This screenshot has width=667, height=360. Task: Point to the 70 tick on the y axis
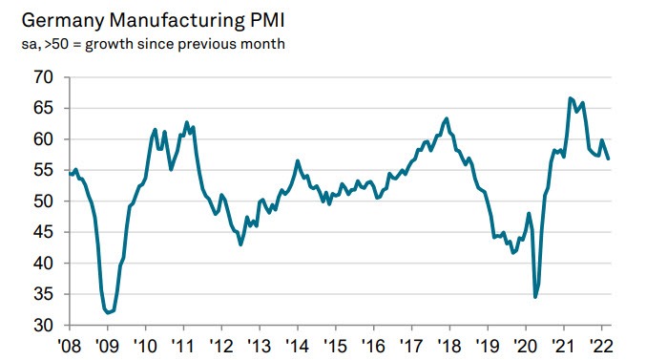pyautogui.click(x=43, y=77)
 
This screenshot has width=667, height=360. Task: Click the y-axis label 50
pyautogui.click(x=43, y=201)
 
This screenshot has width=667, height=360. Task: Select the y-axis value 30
pyautogui.click(x=43, y=326)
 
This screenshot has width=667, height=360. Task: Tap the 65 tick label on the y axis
pyautogui.click(x=43, y=108)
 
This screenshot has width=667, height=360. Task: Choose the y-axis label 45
pyautogui.click(x=43, y=232)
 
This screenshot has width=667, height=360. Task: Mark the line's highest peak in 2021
pyautogui.click(x=570, y=98)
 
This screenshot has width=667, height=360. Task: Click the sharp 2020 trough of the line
pyautogui.click(x=535, y=297)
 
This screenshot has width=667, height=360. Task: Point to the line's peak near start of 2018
pyautogui.click(x=447, y=118)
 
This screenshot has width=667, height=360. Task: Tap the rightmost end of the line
pyautogui.click(x=610, y=159)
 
